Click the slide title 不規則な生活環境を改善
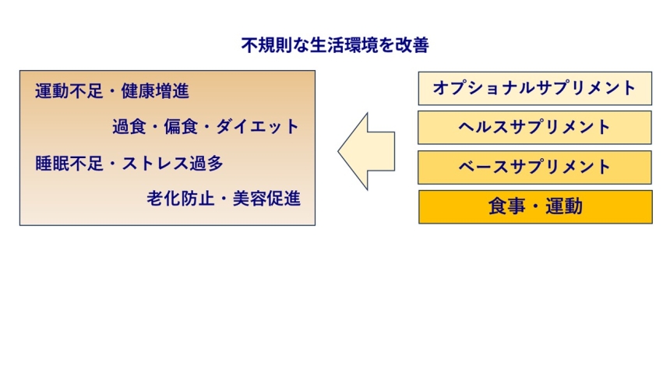click(335, 45)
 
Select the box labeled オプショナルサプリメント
click(535, 89)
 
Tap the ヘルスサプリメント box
click(534, 128)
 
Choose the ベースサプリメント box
click(534, 167)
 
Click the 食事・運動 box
click(535, 207)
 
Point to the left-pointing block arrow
click(366, 151)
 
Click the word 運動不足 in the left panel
click(69, 91)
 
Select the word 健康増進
click(155, 91)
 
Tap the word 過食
click(129, 127)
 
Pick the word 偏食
click(181, 127)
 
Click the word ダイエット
click(257, 127)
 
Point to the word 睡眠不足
click(69, 164)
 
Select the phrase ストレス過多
click(173, 164)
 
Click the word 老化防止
click(181, 199)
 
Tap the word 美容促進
click(266, 199)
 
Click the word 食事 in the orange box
click(506, 206)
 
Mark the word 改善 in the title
click(412, 45)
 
